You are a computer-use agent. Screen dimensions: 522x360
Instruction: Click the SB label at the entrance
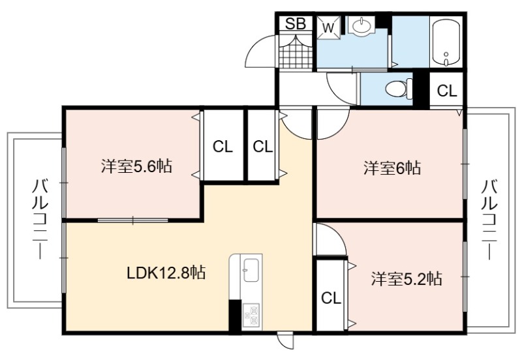point(296,23)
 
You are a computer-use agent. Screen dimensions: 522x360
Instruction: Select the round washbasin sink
point(360,25)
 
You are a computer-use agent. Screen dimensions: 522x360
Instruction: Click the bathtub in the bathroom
point(446,42)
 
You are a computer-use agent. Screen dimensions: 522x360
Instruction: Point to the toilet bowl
point(399,89)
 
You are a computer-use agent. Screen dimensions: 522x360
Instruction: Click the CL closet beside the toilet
point(447,90)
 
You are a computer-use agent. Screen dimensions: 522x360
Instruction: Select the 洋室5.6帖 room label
point(136,166)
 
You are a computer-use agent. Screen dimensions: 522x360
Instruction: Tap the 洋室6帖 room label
point(392,168)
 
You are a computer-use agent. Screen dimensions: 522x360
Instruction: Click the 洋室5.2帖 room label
point(407,278)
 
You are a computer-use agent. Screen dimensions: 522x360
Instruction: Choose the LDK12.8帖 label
point(166,273)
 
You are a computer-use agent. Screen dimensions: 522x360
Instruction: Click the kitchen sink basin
point(252,270)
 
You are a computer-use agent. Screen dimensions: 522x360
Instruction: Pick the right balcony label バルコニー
point(489,219)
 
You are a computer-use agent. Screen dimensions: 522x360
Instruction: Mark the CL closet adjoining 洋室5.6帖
point(223,146)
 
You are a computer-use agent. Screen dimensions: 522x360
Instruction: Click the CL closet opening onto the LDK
point(263,146)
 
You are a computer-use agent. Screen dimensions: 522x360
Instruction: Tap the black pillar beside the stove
point(235,316)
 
